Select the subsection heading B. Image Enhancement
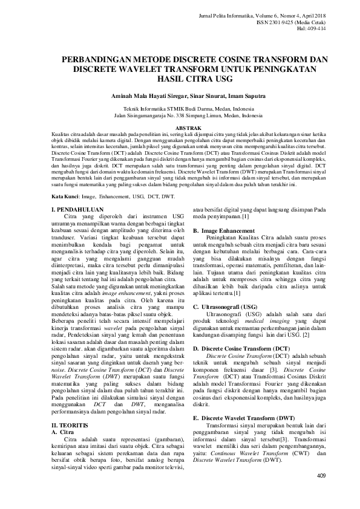pyautogui.click(x=223, y=231)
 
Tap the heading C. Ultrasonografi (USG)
pyautogui.click(x=225, y=307)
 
